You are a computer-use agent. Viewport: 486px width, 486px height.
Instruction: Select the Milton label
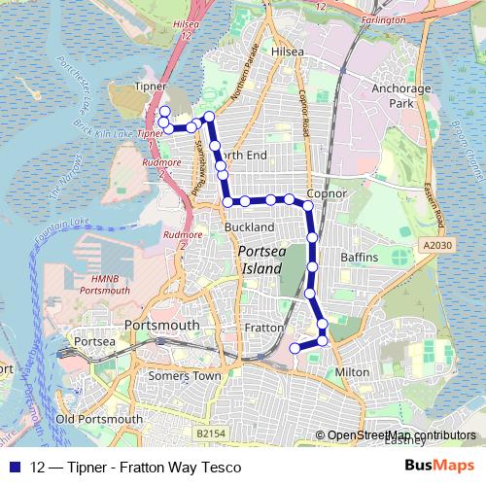(351, 372)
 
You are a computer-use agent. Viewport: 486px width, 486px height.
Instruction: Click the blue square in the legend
(15, 468)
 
